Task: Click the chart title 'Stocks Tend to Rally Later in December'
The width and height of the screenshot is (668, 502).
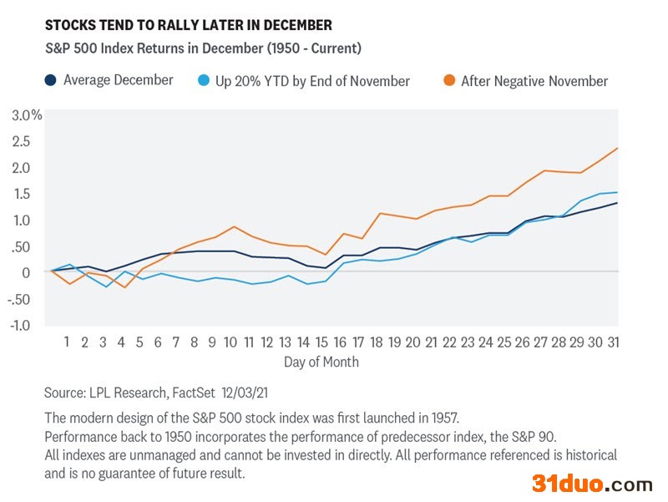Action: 188,26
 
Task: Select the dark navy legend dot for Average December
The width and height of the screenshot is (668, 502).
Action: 51,80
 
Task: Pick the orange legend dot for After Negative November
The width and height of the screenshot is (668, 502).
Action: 448,81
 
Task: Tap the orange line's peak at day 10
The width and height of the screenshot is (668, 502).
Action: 234,226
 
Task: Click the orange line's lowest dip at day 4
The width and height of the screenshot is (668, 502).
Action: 124,287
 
